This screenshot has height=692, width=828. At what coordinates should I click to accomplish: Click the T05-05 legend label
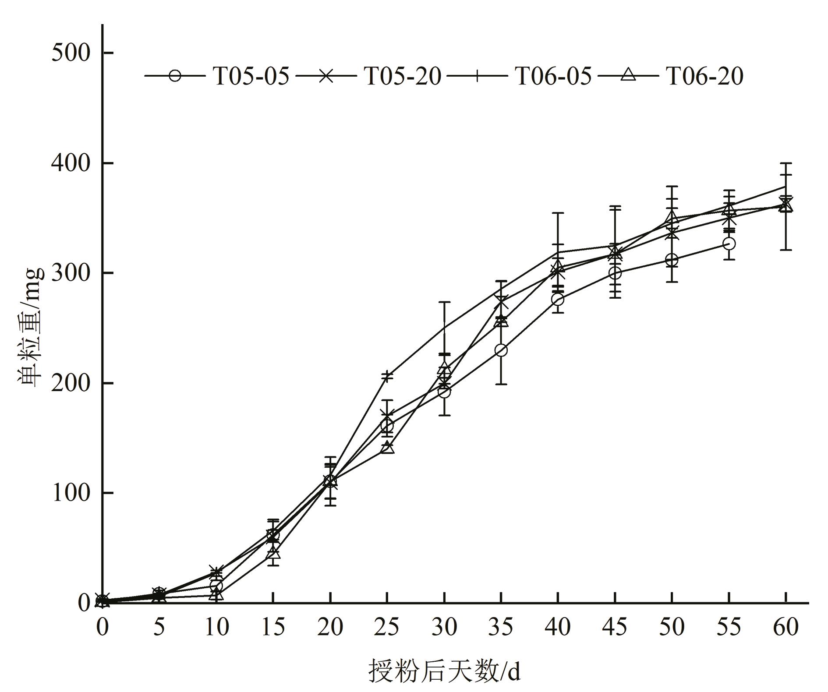coord(251,76)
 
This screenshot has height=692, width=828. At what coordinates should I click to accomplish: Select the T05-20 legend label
coord(403,76)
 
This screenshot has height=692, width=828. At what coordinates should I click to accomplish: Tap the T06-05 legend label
coord(553,76)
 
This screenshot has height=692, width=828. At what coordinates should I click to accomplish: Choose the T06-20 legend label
coord(705,76)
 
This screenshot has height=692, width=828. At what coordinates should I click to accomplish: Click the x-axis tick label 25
coord(387,627)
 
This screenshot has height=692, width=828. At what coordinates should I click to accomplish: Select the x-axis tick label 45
coord(615,627)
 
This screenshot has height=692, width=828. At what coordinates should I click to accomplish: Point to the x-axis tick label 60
coord(786,627)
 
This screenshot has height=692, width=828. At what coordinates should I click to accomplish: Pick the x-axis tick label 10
coord(216,627)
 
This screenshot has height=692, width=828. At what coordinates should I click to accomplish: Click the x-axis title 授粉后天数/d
coord(444,671)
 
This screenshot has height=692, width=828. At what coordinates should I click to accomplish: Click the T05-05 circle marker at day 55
coord(729,244)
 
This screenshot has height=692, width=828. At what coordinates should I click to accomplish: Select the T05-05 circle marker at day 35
coord(501,350)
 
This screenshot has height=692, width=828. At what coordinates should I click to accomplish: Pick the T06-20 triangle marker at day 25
coord(387,448)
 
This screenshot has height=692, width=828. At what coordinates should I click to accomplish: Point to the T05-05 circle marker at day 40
coord(558,300)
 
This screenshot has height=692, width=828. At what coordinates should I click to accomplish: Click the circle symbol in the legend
coord(175,76)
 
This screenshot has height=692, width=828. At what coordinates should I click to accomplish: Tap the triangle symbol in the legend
coord(629,75)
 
